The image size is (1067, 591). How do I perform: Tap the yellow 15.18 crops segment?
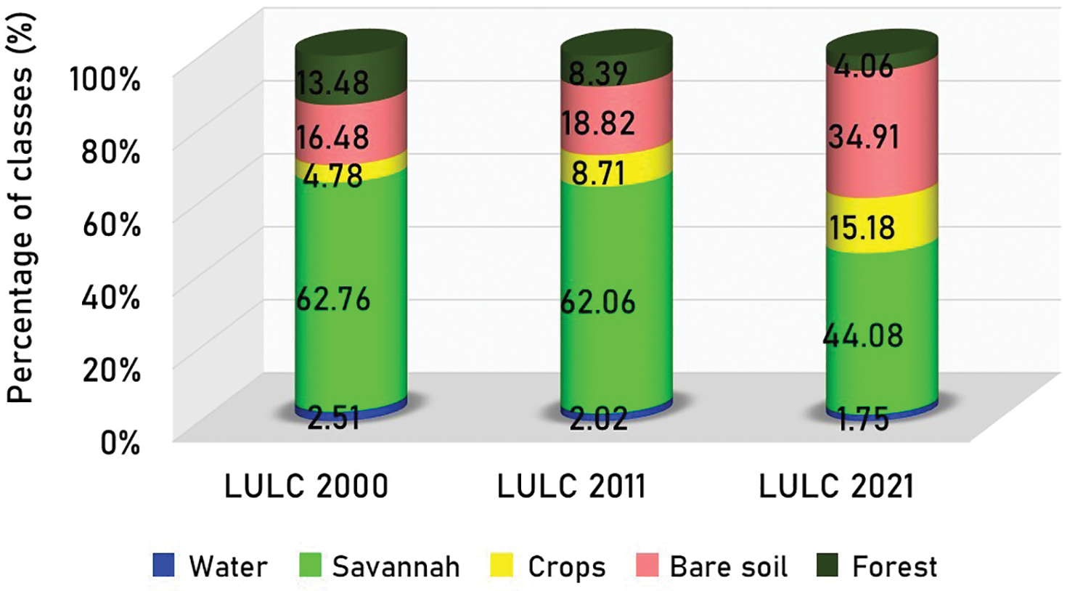864,227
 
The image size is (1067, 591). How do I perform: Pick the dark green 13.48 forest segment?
334,81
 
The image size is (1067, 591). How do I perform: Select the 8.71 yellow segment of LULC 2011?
598,173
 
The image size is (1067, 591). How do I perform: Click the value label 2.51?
334,419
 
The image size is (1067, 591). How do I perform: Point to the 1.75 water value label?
864,420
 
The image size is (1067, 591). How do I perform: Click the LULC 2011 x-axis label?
571,486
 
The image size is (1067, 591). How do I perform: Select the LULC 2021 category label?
836,486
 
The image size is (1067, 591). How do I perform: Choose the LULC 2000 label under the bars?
306,486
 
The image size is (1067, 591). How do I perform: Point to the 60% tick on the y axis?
111,225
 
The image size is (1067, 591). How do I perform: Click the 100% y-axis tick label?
105,79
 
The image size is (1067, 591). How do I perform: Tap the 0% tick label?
120,442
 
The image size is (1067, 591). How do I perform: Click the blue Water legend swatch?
164,566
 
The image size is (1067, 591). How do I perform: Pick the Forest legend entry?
878,566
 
